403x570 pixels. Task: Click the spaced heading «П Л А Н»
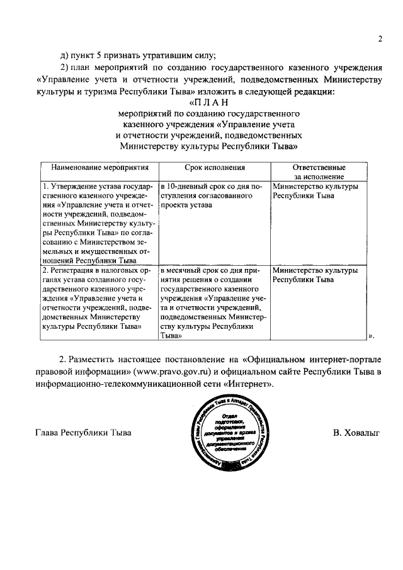tap(207, 103)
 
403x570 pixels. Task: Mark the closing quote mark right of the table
tap(371, 336)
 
